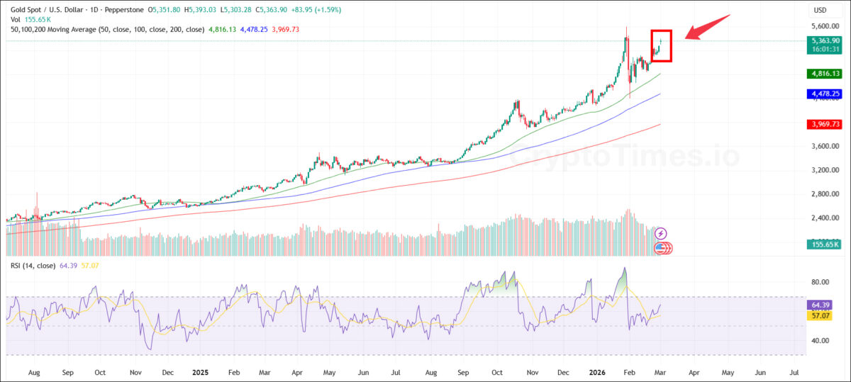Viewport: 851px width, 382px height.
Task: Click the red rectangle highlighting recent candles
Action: click(661, 46)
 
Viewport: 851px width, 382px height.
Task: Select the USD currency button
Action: click(821, 10)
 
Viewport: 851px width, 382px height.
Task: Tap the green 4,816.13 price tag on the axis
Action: click(824, 74)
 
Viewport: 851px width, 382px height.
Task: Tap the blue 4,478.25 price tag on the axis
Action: click(824, 94)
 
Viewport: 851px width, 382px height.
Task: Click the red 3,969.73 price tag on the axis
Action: click(824, 125)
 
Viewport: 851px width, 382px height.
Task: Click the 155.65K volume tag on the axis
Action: click(823, 244)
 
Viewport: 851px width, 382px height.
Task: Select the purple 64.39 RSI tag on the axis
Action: click(823, 305)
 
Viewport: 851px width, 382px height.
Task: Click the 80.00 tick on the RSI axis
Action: click(821, 281)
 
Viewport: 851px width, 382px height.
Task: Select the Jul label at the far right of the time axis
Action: click(794, 371)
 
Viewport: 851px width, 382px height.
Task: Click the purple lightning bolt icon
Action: click(661, 232)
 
